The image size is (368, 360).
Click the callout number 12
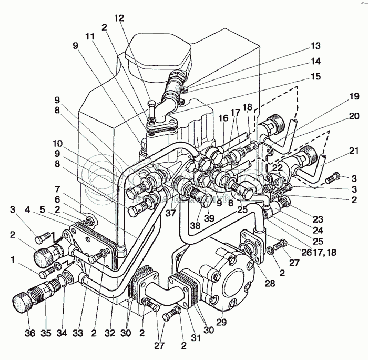pyautogui.click(x=120, y=18)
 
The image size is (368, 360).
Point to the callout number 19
pyautogui.click(x=354, y=96)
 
